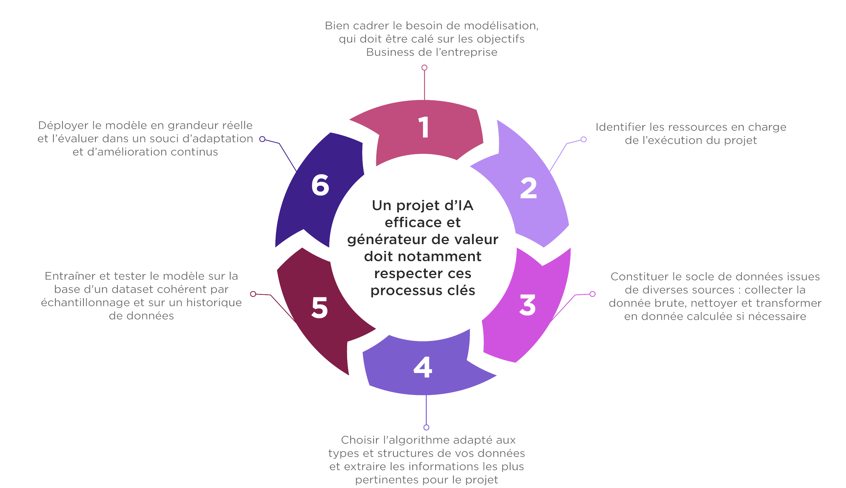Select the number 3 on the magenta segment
pos(528,305)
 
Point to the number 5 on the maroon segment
pos(319,307)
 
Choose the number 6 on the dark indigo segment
pos(320,185)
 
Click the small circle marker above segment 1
pos(424,68)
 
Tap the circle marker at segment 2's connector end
pos(584,139)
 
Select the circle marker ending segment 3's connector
pos(593,294)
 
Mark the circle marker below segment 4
pos(426,427)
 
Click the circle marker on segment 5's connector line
pos(253,294)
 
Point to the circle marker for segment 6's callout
pos(262,139)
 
